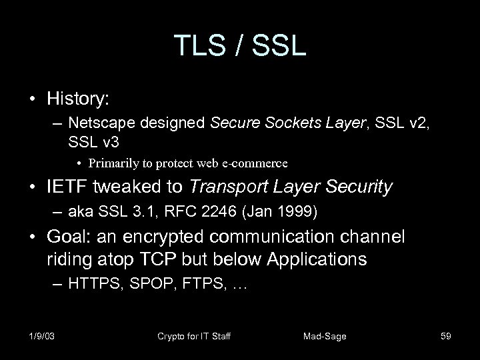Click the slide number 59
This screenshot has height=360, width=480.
(x=445, y=336)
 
